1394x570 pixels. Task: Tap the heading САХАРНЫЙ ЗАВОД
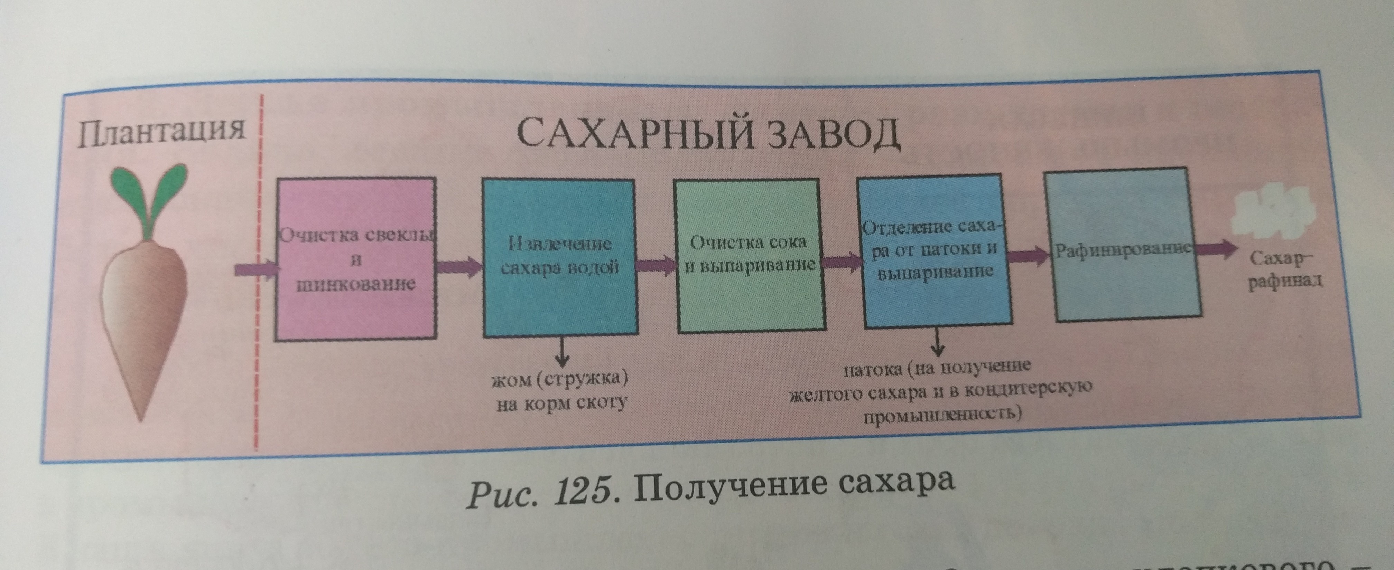(x=708, y=135)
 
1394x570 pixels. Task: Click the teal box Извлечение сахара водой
(x=559, y=258)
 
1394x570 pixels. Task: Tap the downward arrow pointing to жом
(x=563, y=352)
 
